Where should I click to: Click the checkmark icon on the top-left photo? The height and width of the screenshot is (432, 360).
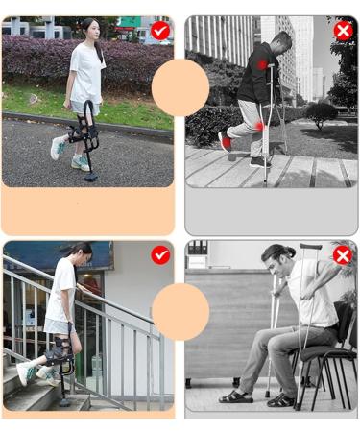(160, 31)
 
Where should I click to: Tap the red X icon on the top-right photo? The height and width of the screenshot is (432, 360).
(343, 31)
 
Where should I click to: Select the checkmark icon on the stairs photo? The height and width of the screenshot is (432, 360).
(160, 254)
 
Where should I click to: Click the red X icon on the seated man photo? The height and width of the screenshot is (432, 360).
(343, 254)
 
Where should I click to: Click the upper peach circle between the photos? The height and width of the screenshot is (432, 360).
(180, 87)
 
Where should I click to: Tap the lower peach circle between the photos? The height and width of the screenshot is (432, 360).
(180, 311)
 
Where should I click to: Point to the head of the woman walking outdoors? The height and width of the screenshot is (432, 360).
(90, 30)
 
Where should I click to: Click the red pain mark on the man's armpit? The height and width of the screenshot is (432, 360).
(262, 65)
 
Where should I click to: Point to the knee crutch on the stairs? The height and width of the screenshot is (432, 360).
(62, 370)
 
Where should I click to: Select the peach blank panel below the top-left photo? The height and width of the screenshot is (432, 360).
(88, 211)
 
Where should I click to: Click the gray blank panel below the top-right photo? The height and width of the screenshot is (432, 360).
(271, 211)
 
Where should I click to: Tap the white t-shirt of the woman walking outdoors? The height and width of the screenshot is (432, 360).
(87, 72)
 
